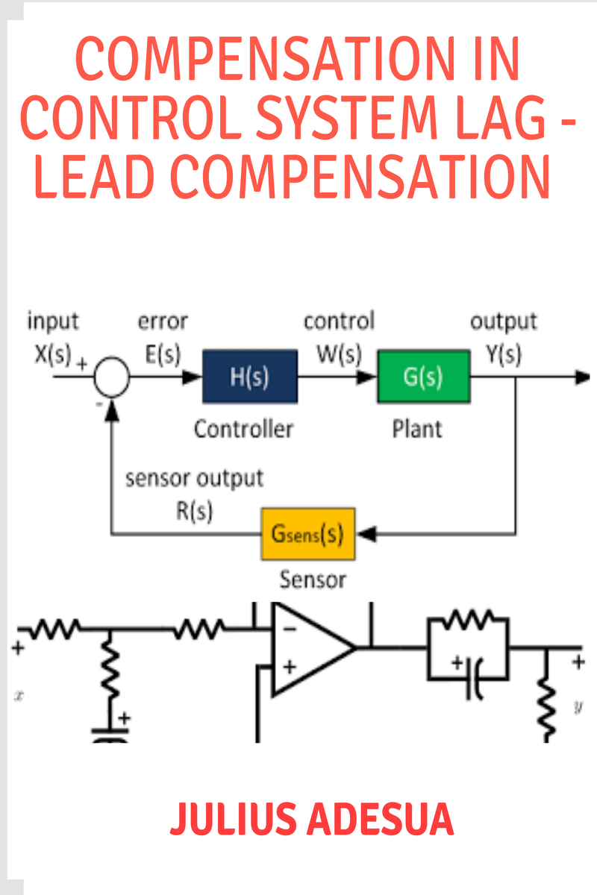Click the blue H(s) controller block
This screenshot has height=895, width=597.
[249, 377]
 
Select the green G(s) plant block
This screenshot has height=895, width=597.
[423, 377]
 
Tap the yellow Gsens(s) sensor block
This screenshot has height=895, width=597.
[307, 535]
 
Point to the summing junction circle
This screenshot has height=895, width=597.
[111, 377]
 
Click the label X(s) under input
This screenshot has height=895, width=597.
[51, 354]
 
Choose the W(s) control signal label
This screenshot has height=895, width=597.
[338, 354]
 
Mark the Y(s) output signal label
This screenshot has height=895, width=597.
[504, 354]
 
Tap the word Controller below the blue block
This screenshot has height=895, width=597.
[243, 429]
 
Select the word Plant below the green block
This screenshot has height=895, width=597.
[417, 429]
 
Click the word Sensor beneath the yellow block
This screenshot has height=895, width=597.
[313, 579]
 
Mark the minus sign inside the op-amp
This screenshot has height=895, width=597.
[290, 629]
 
